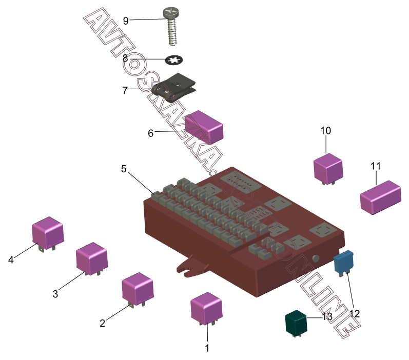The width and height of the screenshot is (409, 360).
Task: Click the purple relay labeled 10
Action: (328, 167)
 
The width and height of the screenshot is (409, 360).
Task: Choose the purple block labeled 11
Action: (380, 196)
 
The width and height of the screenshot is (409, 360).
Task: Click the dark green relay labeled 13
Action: (296, 322)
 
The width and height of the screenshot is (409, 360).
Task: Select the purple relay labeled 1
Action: (206, 307)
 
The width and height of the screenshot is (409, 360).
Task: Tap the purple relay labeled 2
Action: (137, 288)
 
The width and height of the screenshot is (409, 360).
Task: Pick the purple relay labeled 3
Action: (91, 257)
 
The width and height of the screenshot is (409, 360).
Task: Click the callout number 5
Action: (124, 169)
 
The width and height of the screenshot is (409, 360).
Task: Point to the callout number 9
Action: (126, 21)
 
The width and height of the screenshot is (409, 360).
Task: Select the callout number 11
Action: (376, 166)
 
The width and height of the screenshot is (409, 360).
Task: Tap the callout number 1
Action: (207, 348)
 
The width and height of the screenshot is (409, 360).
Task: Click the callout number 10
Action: (326, 131)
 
